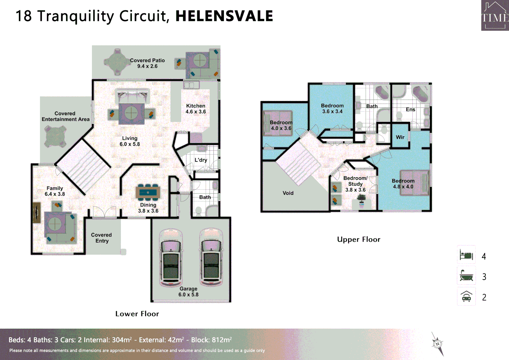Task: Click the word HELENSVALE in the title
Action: (224, 16)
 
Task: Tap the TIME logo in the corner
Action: (495, 15)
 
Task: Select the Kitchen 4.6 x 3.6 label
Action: (196, 109)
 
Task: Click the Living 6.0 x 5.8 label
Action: (130, 141)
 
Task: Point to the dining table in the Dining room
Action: (148, 192)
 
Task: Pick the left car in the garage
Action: (171, 257)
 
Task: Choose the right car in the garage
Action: (211, 257)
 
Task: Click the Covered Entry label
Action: (102, 238)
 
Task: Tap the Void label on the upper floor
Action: (288, 193)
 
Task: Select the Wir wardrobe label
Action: (400, 137)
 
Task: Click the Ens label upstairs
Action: (410, 109)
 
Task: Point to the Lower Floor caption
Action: (137, 314)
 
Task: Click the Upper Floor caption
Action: (358, 239)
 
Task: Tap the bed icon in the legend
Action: (466, 255)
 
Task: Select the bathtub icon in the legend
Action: (466, 276)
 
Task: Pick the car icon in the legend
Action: (466, 296)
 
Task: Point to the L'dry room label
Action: (201, 160)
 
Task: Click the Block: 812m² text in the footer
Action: (211, 340)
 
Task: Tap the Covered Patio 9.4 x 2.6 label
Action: (147, 63)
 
